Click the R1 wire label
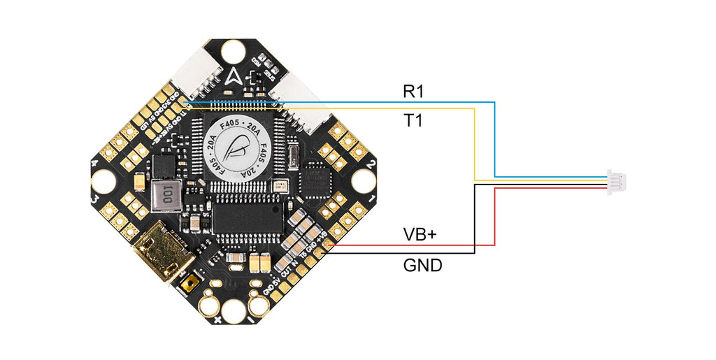tap(413, 91)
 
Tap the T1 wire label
tap(413, 121)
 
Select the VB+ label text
tap(420, 234)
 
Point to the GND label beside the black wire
tap(422, 266)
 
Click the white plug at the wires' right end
tap(617, 180)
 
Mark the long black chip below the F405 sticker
tap(248, 217)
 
